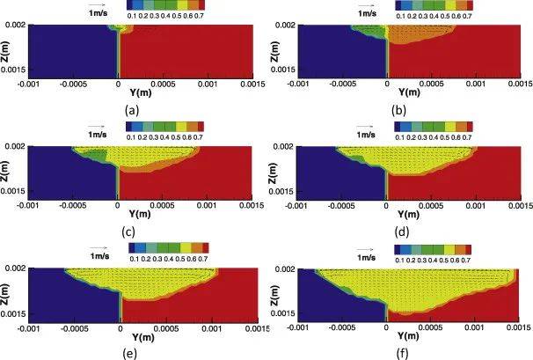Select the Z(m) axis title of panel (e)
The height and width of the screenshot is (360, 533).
pyautogui.click(x=8, y=296)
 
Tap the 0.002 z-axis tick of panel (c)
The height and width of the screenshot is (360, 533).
pyautogui.click(x=17, y=145)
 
